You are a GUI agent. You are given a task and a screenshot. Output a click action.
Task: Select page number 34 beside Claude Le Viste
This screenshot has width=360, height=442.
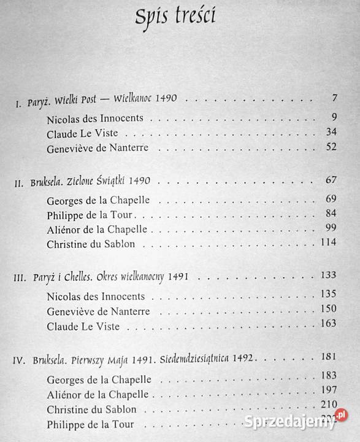pyautogui.click(x=331, y=132)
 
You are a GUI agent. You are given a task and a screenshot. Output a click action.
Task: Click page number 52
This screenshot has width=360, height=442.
pyautogui.click(x=331, y=148)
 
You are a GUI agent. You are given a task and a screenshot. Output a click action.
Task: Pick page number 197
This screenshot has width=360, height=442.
pyautogui.click(x=330, y=390)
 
